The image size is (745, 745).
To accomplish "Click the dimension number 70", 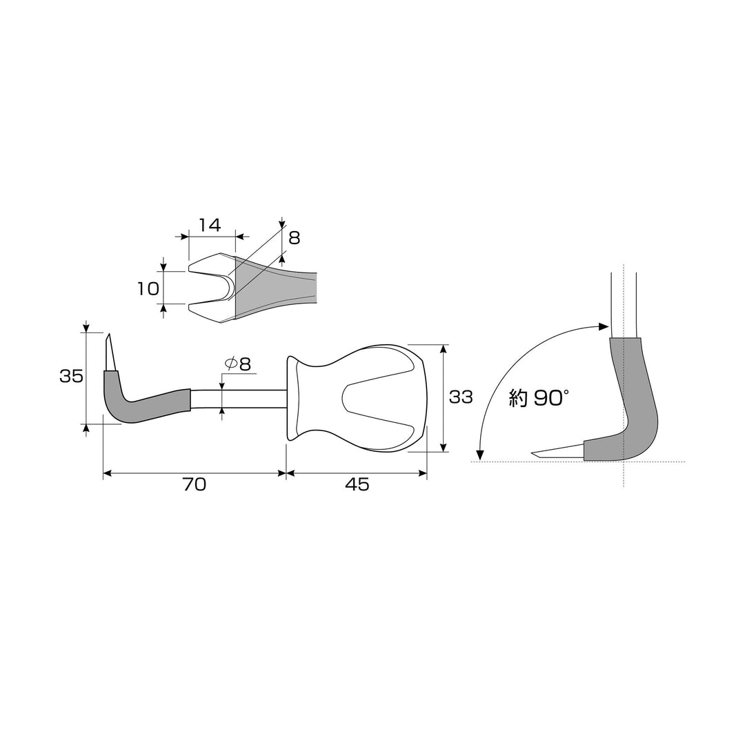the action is click(194, 484).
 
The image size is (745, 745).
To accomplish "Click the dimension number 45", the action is click(357, 484).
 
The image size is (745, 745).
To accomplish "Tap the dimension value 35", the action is click(71, 377).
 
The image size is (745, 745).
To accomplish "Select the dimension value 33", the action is click(461, 397).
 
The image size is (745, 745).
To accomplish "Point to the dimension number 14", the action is click(210, 225).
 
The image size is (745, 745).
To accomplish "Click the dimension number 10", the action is click(148, 288).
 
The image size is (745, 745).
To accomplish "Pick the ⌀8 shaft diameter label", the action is click(237, 364).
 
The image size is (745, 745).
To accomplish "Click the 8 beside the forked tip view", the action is click(294, 237).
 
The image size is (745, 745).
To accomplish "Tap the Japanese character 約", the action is click(518, 398).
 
